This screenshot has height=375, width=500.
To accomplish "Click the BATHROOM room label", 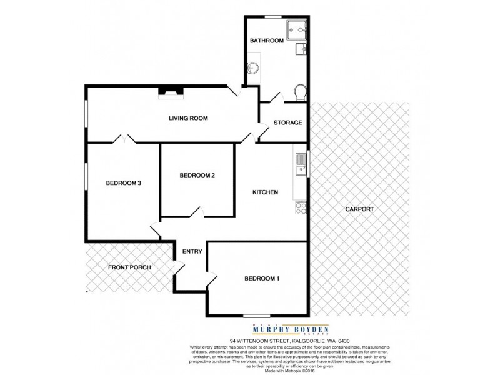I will pyautogui.click(x=267, y=41).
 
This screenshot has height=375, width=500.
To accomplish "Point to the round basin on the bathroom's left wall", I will pyautogui.click(x=253, y=68).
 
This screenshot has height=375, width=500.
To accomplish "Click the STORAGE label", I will pyautogui.click(x=287, y=122).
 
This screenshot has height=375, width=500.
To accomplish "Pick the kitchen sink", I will pyautogui.click(x=301, y=164).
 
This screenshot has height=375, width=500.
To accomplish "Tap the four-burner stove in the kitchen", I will pyautogui.click(x=301, y=207).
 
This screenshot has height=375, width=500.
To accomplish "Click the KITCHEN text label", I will pyautogui.click(x=265, y=192).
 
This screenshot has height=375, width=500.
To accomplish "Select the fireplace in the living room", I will pyautogui.click(x=171, y=92).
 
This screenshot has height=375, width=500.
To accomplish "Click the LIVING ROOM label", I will pyautogui.click(x=188, y=118).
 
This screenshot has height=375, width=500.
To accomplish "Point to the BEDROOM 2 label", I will pyautogui.click(x=197, y=176).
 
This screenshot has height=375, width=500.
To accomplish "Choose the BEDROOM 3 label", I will pyautogui.click(x=124, y=183).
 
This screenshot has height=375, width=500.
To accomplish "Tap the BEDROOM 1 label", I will pyautogui.click(x=261, y=279).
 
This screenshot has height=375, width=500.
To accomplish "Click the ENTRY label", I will pyautogui.click(x=192, y=252).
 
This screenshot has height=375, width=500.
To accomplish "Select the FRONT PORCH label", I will pyautogui.click(x=129, y=267).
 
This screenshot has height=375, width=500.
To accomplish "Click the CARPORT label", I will pyautogui.click(x=359, y=209).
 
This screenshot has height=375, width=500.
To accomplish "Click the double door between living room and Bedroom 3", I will pyautogui.click(x=124, y=139).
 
